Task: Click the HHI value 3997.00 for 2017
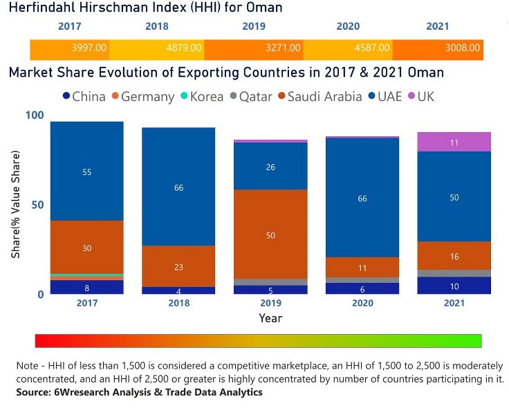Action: (x=89, y=48)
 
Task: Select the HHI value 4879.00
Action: (x=184, y=48)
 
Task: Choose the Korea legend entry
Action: (x=200, y=97)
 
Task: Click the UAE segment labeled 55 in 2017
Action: (x=86, y=172)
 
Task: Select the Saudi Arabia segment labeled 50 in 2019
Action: (x=270, y=235)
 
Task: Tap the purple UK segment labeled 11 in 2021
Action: (x=454, y=142)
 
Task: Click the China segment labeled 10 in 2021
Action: (x=454, y=286)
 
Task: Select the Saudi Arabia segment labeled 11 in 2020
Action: (x=362, y=267)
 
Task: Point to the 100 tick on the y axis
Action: (x=34, y=116)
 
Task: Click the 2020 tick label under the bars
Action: (x=362, y=303)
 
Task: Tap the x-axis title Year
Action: (x=270, y=318)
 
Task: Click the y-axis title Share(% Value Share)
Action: (x=15, y=205)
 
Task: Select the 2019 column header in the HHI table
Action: (x=254, y=26)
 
